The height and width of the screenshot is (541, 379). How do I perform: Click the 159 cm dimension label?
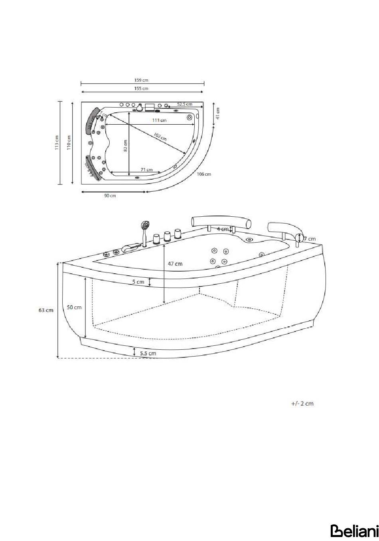click(x=142, y=80)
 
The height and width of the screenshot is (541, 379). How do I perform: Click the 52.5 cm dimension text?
click(x=185, y=104)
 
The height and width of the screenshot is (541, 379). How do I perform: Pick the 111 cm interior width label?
click(x=159, y=120)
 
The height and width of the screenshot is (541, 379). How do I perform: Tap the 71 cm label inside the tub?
click(x=147, y=170)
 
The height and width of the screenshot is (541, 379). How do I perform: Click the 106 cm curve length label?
click(x=204, y=174)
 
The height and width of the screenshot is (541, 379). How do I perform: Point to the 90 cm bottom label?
click(x=110, y=196)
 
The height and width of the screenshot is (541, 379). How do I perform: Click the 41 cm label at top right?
click(x=217, y=113)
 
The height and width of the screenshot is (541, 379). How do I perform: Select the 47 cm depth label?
click(x=175, y=264)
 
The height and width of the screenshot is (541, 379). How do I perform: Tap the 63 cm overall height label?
click(x=46, y=310)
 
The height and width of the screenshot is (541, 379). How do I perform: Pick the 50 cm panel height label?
click(x=74, y=307)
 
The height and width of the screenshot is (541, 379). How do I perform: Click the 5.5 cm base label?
click(x=148, y=353)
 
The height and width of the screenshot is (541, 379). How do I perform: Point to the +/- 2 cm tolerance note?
click(x=302, y=404)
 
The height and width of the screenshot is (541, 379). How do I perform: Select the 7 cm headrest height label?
click(x=310, y=239)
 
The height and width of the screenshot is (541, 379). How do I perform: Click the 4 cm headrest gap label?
click(x=223, y=229)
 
